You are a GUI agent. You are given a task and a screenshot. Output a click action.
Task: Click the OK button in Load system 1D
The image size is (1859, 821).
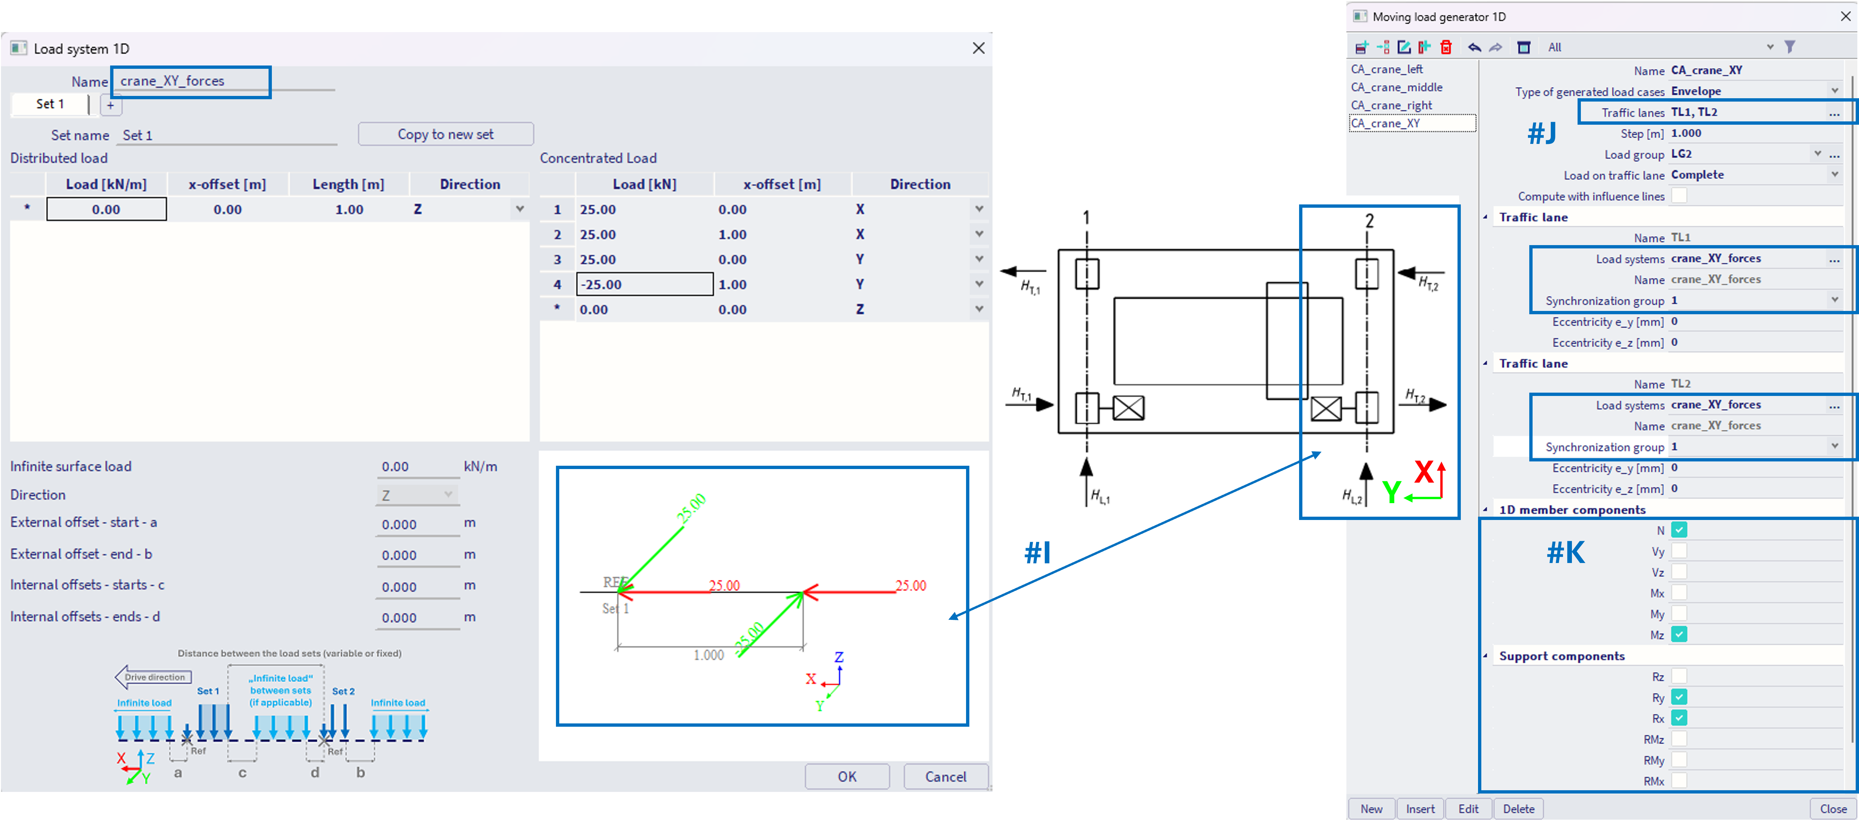point(847,776)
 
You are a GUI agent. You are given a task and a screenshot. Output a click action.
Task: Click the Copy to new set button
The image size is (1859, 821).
point(445,134)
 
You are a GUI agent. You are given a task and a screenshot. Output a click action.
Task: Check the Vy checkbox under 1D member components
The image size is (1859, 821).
point(1679,551)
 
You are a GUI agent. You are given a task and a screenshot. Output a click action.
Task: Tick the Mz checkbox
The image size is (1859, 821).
point(1679,635)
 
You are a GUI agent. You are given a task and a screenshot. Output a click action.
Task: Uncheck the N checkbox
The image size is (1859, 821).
point(1679,530)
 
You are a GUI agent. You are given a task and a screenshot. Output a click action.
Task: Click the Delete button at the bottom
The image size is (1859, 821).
point(1518,809)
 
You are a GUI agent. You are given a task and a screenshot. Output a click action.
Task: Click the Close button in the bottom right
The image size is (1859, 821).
point(1832,809)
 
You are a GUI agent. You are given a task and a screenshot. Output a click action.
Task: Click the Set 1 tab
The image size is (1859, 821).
point(50,104)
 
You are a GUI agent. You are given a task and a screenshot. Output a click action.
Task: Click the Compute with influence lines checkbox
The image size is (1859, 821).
point(1679,196)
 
